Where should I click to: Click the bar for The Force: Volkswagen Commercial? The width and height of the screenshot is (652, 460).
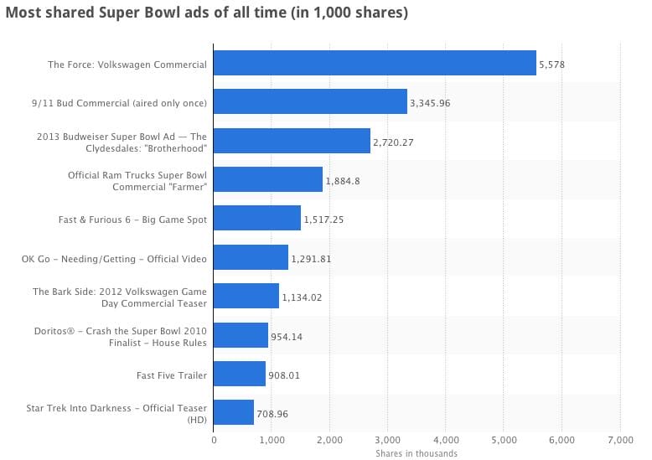tap(375, 64)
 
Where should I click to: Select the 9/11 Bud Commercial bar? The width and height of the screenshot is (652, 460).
tap(310, 102)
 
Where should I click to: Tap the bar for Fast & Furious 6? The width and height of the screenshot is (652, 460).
tap(257, 219)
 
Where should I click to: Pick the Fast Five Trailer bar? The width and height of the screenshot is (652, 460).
tap(240, 374)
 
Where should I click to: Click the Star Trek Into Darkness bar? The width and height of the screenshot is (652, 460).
tap(234, 412)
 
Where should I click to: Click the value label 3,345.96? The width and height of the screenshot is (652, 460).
tap(431, 103)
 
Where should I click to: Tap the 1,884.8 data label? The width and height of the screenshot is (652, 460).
tap(343, 181)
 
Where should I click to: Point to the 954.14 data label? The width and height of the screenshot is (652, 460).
tap(287, 336)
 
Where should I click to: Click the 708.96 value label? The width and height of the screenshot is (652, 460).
tap(274, 413)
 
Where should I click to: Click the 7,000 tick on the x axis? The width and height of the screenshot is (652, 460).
tap(619, 440)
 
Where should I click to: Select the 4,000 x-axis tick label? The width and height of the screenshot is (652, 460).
tap(446, 440)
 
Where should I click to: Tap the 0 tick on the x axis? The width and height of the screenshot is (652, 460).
tap(214, 440)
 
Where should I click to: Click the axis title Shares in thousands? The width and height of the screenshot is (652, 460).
tap(417, 453)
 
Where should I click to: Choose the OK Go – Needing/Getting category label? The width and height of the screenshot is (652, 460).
tap(114, 258)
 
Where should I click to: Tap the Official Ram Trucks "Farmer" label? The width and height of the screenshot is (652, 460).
tap(137, 180)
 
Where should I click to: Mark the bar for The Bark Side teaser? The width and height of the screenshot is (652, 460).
tap(246, 297)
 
